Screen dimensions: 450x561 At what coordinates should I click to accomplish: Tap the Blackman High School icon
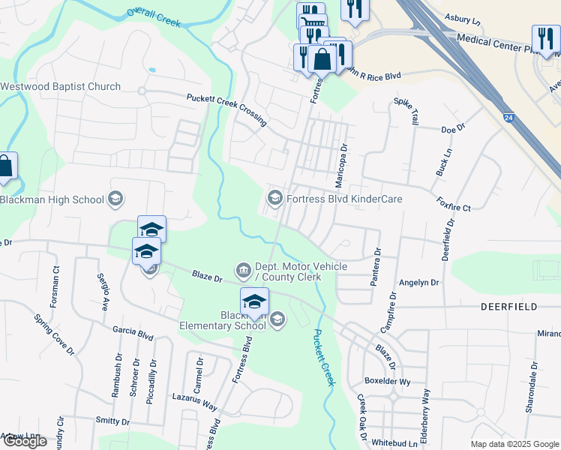click(x=115, y=199)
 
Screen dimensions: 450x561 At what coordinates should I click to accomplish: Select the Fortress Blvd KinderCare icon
click(x=274, y=199)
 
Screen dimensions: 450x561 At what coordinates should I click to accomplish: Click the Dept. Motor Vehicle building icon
click(x=243, y=269)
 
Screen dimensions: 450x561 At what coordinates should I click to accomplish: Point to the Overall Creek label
click(x=154, y=17)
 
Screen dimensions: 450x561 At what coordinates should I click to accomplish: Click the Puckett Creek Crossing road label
click(x=226, y=109)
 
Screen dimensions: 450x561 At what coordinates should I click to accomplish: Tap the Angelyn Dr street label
click(x=418, y=283)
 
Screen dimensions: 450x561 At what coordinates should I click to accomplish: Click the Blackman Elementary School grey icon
click(x=277, y=320)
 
